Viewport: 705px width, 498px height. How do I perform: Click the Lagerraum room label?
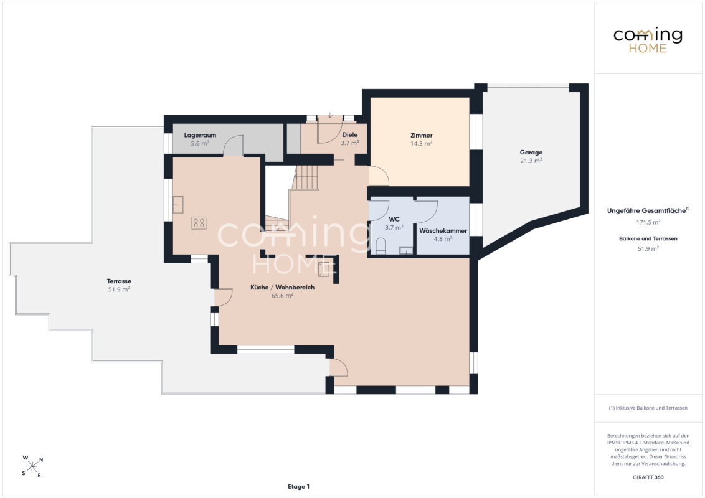click(200, 135)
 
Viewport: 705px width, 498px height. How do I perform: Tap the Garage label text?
click(531, 153)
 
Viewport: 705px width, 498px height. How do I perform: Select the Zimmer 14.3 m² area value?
click(421, 144)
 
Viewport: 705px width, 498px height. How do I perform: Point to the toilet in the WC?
click(381, 247)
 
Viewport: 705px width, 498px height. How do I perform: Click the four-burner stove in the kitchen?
click(199, 223)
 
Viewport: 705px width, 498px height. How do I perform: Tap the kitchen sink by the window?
click(177, 205)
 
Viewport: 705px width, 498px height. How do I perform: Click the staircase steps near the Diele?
click(306, 177)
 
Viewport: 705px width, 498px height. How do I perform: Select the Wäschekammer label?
click(443, 230)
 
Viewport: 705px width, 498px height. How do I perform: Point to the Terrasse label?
click(119, 281)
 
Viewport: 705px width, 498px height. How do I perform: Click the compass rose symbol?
click(32, 466)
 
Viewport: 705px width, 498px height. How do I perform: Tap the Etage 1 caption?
click(298, 486)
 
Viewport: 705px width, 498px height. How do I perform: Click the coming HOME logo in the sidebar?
click(648, 40)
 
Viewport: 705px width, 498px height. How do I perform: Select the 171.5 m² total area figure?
click(648, 222)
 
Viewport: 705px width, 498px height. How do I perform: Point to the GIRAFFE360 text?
click(648, 477)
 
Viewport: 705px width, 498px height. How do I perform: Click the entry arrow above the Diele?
click(329, 115)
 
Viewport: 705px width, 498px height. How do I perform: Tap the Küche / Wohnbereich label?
click(282, 287)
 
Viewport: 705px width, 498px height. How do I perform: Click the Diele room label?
click(350, 135)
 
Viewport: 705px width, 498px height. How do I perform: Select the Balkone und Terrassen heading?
click(648, 238)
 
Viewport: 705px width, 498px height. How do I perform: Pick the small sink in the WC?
click(405, 250)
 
